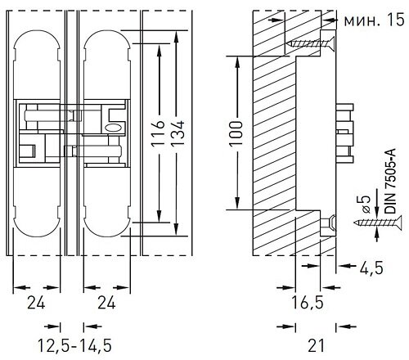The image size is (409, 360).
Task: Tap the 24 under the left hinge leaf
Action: (x=38, y=304)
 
